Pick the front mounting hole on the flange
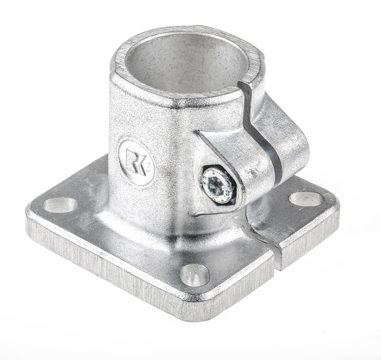pos(195,275)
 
